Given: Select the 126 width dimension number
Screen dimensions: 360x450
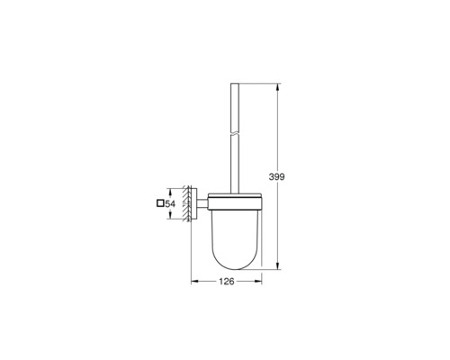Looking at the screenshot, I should [227, 283].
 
